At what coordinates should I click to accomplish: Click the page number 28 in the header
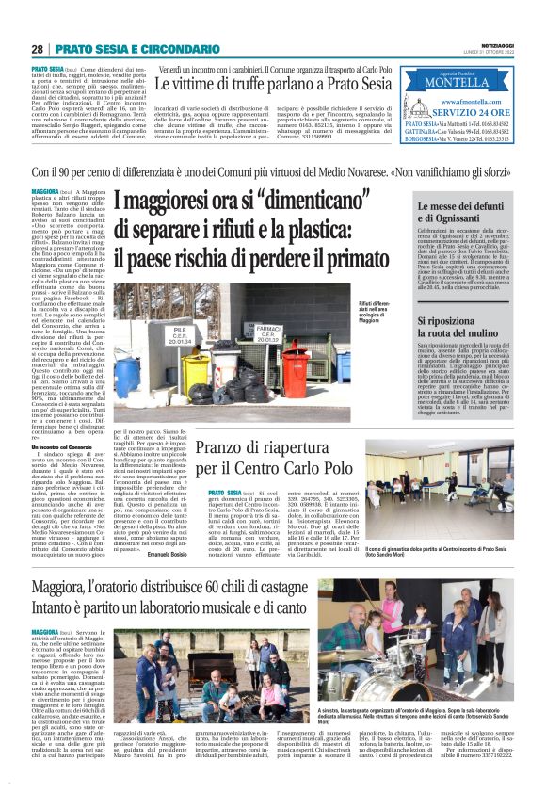(37, 49)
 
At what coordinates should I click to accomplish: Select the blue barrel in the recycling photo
(126, 377)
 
